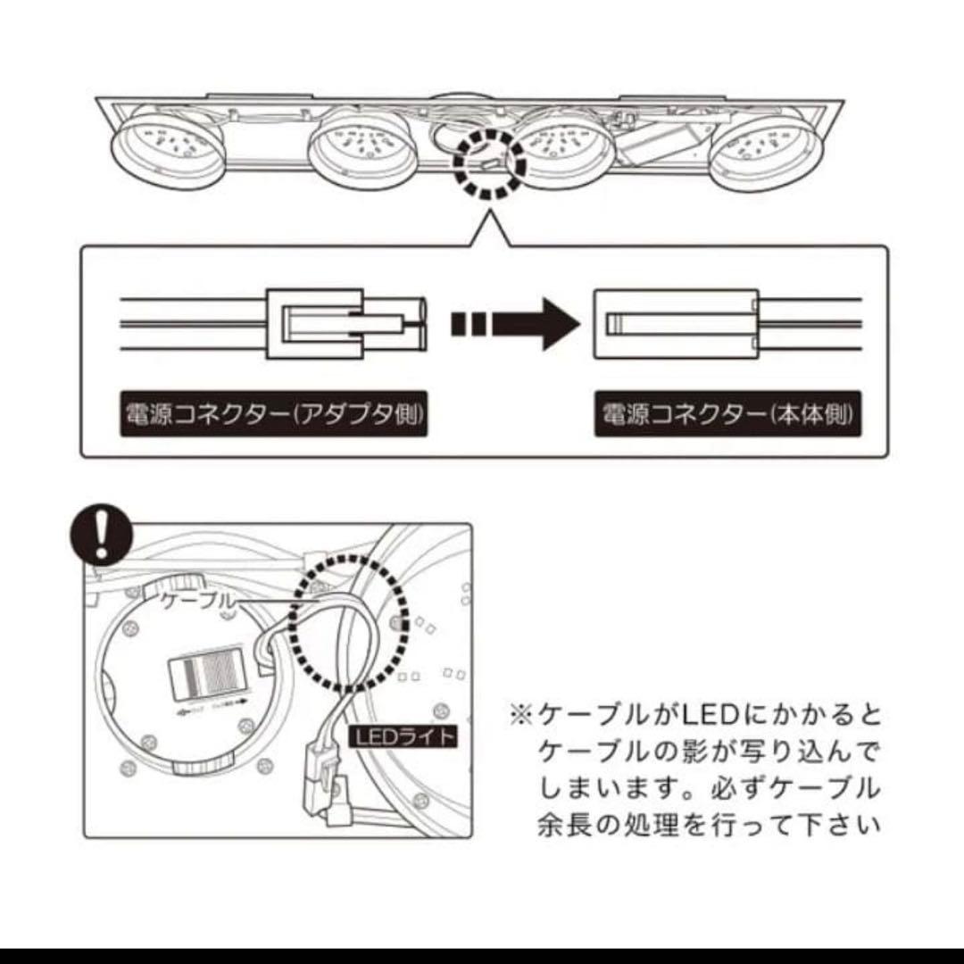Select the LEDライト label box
click(x=403, y=737)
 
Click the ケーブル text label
click(x=197, y=602)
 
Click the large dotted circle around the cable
click(x=350, y=623)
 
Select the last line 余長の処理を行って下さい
click(x=709, y=823)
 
